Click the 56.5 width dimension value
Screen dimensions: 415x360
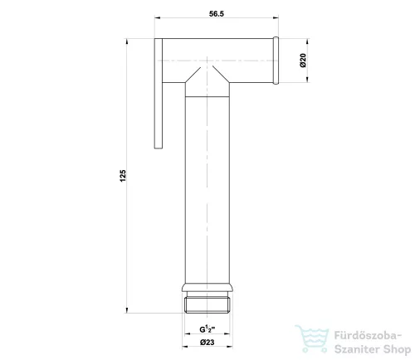coord(217,13)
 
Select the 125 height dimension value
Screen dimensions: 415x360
coord(123,176)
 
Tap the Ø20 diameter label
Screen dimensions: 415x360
coord(303,61)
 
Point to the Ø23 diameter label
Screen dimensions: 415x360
coord(207,343)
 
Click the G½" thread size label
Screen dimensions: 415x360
coord(207,329)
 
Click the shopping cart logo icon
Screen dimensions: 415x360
coord(312,338)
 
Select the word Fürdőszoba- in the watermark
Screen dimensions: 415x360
coord(368,336)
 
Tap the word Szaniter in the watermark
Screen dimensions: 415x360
coord(357,349)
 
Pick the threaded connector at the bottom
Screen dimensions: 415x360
coord(207,304)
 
